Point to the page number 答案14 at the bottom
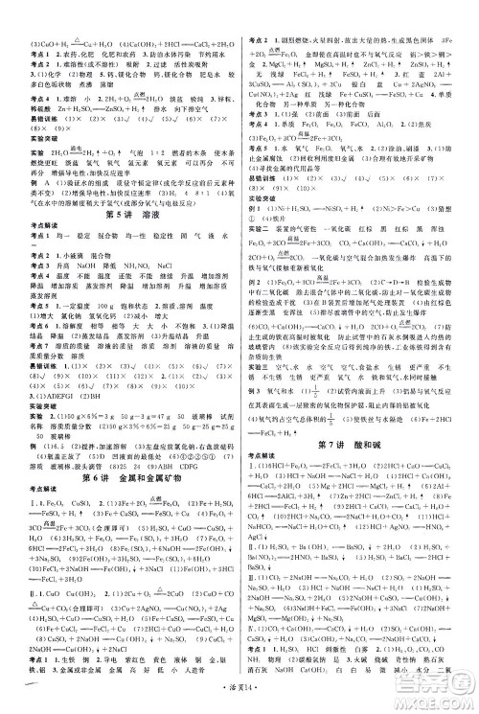[x=239, y=703]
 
